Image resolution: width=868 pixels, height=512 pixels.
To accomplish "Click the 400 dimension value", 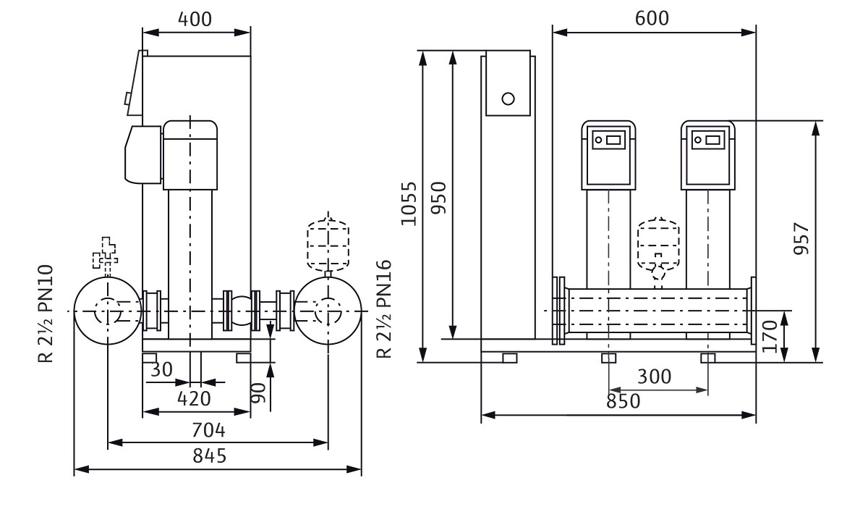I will click(196, 20).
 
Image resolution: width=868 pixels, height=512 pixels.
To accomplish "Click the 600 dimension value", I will click(652, 18).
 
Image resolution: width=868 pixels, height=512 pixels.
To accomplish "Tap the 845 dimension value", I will click(208, 456).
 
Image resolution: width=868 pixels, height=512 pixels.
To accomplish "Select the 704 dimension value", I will click(209, 430).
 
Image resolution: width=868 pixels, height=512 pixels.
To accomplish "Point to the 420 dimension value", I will click(194, 398).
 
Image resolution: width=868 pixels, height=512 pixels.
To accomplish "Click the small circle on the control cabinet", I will click(508, 98).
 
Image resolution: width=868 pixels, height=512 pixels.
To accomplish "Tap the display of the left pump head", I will click(608, 139).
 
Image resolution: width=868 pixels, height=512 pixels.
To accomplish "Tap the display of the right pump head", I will click(707, 139).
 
